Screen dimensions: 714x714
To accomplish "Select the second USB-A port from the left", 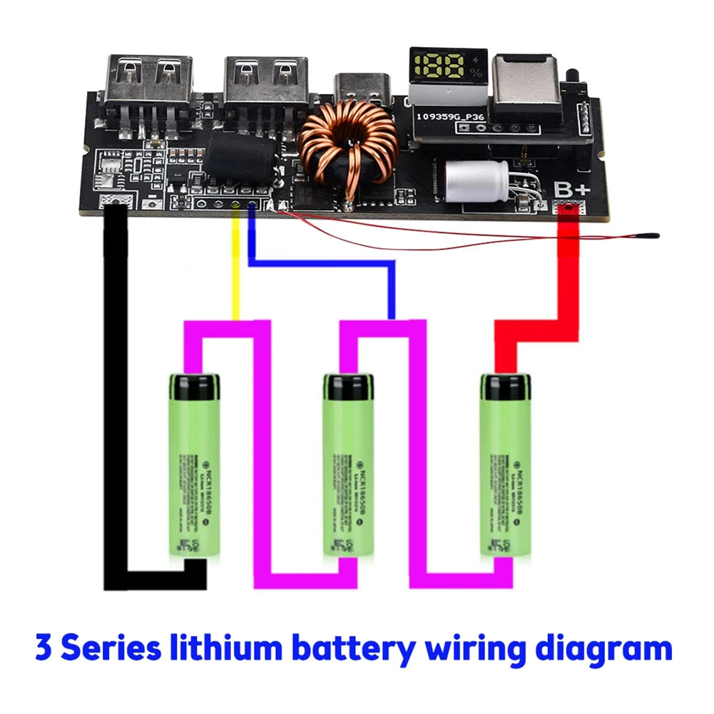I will pos(266,80).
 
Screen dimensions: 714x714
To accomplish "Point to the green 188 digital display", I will pos(442,68).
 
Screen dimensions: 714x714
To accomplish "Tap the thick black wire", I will pos(115,392).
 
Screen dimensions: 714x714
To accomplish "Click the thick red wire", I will pos(571,285).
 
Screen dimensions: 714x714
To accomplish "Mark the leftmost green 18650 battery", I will pos(194,464).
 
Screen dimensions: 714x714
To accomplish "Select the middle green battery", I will pos(348,464).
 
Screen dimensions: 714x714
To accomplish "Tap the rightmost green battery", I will pos(505,464).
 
